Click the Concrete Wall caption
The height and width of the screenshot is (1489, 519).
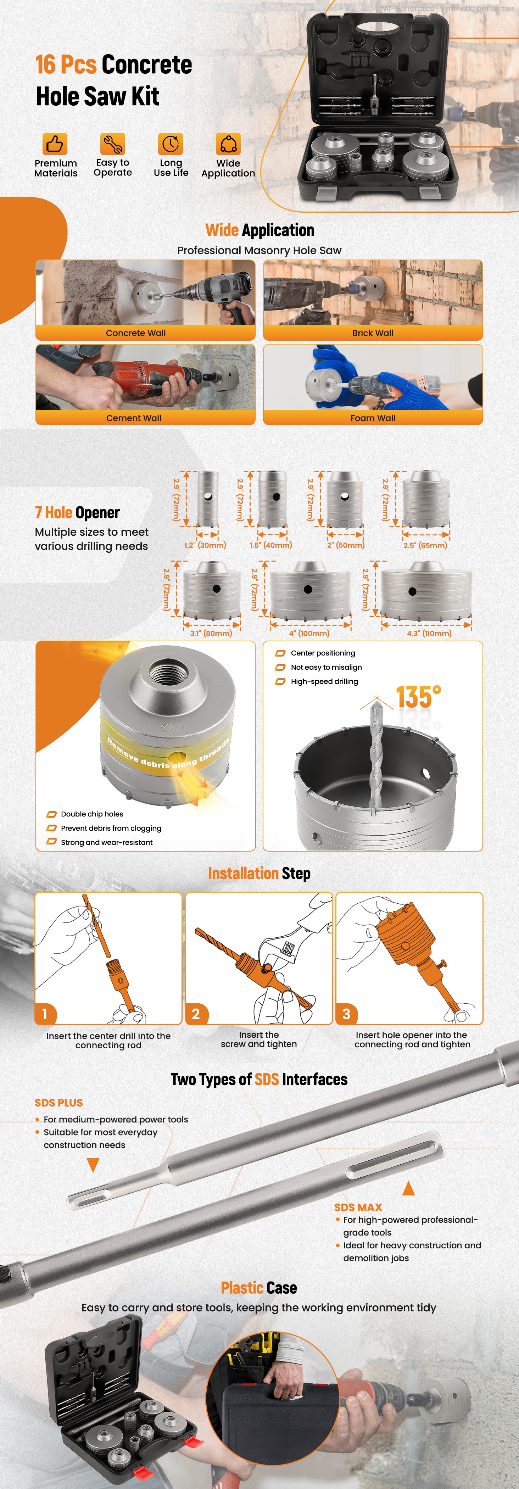(x=136, y=333)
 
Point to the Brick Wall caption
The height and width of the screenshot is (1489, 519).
(x=373, y=333)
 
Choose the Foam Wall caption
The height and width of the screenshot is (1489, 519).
(x=373, y=418)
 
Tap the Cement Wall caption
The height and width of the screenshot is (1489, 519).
(x=134, y=418)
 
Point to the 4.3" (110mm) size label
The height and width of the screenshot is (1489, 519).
(x=429, y=634)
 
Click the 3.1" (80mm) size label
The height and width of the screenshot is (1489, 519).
(x=211, y=634)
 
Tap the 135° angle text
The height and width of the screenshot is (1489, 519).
(x=418, y=697)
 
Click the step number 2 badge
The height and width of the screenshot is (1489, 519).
(x=196, y=1014)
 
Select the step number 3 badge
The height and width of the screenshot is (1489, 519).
(x=346, y=1014)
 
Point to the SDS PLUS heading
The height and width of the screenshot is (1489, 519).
(x=58, y=1103)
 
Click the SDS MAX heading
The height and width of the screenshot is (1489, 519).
(x=358, y=1208)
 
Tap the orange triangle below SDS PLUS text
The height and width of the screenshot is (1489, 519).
(x=93, y=1165)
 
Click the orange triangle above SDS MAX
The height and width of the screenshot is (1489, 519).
(x=409, y=1188)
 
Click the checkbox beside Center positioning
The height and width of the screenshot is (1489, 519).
(x=280, y=653)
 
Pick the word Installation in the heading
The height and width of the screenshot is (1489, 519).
(x=243, y=874)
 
